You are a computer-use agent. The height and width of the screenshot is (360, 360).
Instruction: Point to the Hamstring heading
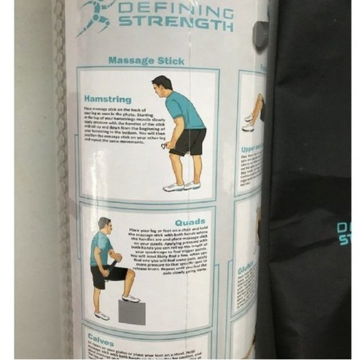108,99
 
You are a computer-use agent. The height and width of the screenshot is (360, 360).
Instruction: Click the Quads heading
190,222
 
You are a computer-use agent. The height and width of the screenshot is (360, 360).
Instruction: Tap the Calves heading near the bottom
101,338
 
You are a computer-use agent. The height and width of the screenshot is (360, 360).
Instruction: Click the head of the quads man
104,224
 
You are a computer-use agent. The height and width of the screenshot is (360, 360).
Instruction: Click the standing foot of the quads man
102,315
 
